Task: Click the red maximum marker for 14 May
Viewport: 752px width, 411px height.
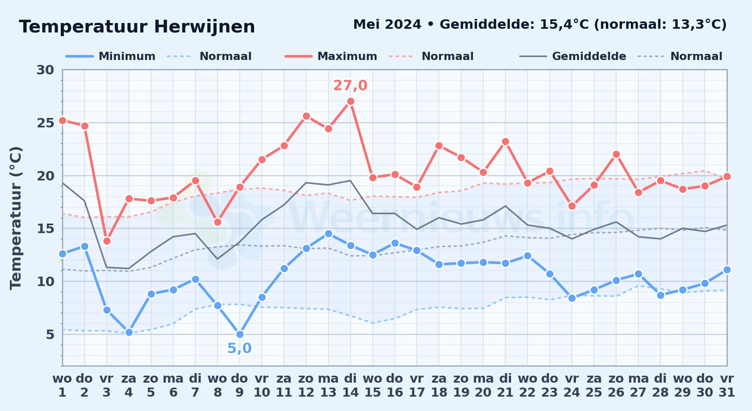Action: point(351,102)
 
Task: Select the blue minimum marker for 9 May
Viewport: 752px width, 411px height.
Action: point(240,335)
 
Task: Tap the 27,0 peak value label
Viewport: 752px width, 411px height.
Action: point(350,85)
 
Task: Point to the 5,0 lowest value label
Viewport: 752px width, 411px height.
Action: point(240,349)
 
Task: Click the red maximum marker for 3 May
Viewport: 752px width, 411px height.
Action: point(107,241)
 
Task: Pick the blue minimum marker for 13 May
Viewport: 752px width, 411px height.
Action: point(328,234)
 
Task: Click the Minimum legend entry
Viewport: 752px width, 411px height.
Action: point(110,56)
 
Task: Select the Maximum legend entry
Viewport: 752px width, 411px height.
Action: point(331,56)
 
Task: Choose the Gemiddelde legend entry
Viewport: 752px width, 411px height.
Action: point(573,56)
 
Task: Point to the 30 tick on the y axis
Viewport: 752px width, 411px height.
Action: point(46,70)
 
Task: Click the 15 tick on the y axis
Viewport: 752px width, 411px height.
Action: point(46,229)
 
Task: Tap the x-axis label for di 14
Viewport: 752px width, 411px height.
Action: point(351,386)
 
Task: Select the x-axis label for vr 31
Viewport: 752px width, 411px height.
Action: point(727,386)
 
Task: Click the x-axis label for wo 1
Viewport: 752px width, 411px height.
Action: point(62,386)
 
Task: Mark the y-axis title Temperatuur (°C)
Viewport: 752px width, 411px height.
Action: point(16,218)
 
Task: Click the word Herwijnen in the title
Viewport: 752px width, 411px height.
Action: point(204,27)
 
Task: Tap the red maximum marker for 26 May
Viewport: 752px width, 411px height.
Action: point(616,155)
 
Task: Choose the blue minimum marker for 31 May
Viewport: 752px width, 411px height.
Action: point(727,270)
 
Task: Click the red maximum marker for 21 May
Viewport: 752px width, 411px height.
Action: point(505,142)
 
